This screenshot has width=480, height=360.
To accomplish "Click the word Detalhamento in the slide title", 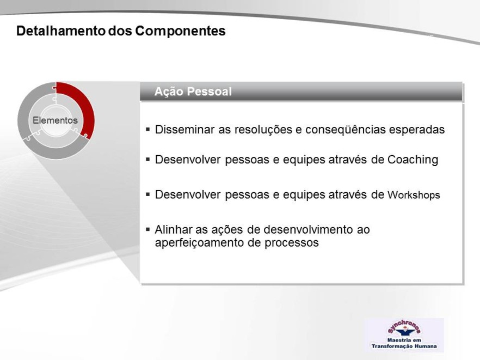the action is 60,31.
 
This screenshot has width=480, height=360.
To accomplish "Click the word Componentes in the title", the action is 180,31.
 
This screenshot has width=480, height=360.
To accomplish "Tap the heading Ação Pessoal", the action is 193,91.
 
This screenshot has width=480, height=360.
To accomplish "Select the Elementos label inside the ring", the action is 55,120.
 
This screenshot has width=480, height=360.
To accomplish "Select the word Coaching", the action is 413,160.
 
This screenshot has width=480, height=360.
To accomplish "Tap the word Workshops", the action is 414,195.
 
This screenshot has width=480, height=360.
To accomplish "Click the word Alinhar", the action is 174,229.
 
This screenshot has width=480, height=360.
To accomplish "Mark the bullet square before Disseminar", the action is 148,129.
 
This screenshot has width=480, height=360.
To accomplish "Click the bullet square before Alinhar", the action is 148,229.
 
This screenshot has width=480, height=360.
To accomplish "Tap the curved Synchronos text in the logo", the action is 404,326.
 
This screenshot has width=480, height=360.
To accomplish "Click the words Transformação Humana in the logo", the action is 404,346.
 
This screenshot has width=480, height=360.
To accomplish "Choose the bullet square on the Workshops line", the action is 148,194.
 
